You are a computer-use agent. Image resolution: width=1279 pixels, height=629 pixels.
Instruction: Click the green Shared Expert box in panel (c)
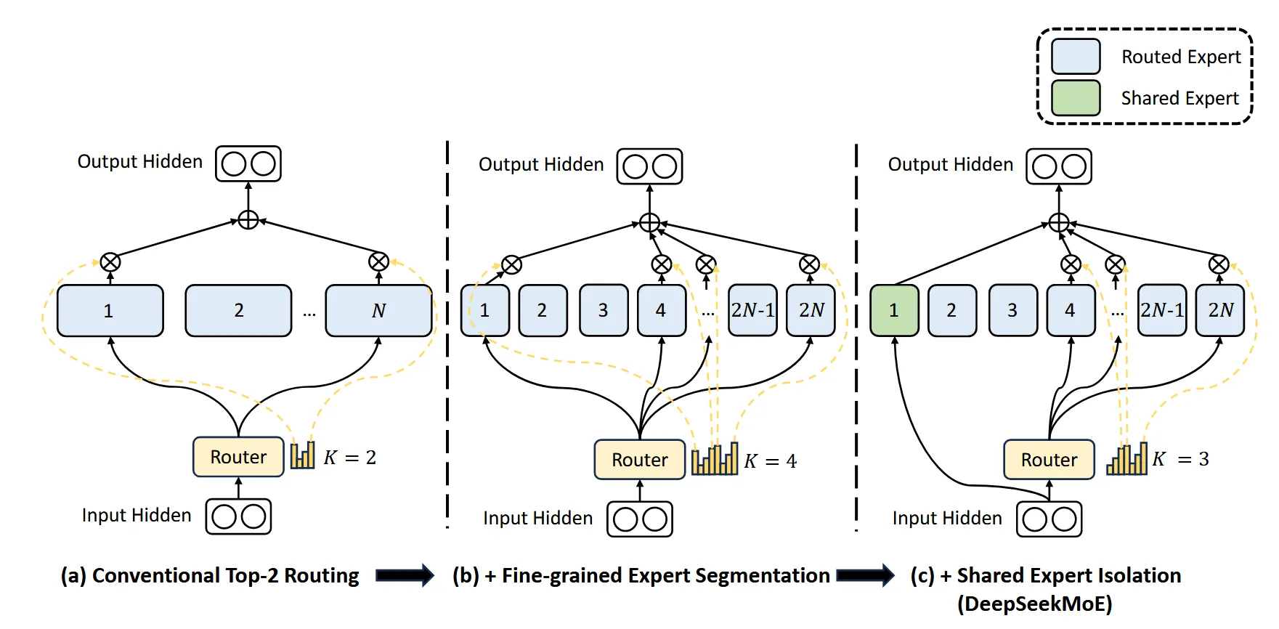point(894,311)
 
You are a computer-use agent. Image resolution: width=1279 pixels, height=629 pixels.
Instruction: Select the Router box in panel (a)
point(238,457)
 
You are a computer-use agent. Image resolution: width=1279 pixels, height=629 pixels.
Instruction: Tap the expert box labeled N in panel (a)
point(378,311)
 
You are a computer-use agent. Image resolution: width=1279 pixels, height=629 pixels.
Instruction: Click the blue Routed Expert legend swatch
point(1076,57)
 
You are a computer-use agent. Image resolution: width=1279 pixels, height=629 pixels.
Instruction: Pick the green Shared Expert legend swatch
point(1076,98)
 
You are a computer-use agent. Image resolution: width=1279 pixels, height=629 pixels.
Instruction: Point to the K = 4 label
point(770,461)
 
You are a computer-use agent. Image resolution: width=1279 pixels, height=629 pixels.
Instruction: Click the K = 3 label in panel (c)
point(1181,459)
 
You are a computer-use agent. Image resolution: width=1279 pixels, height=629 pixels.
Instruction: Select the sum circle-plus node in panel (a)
point(248,219)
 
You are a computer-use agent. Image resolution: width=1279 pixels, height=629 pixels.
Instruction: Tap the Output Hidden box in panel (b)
point(649,166)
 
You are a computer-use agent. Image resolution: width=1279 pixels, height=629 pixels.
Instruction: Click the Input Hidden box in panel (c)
point(1049,519)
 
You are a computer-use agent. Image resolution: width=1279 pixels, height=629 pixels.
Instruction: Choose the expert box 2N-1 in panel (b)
point(752,311)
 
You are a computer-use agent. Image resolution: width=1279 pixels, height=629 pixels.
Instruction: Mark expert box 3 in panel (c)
point(1012,311)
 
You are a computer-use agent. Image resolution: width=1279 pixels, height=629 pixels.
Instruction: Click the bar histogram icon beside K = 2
point(303,455)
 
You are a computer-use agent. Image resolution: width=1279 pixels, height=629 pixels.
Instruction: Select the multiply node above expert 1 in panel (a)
point(110,262)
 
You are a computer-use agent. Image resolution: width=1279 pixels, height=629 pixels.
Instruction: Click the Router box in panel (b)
point(639,460)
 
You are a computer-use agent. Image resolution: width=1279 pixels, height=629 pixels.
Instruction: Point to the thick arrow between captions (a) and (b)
point(405,576)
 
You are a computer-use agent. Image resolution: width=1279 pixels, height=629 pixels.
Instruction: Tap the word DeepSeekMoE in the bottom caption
point(1034,604)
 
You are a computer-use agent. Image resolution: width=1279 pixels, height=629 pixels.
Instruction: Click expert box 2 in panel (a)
point(238,311)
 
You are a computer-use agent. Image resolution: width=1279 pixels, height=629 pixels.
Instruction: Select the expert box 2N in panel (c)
point(1220,311)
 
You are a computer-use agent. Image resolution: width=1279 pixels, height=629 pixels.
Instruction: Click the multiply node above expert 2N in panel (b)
point(809,265)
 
